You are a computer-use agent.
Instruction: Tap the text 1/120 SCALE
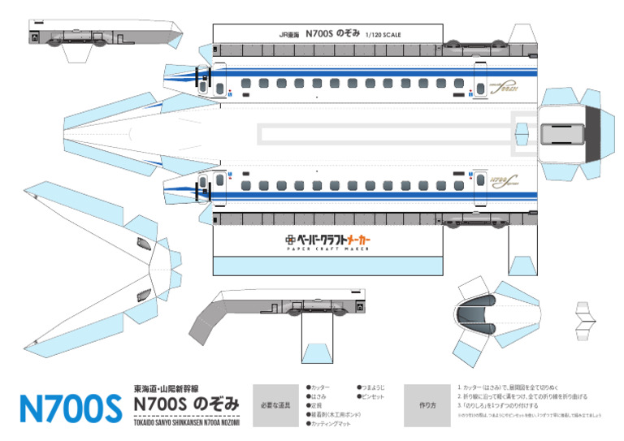tap(383, 35)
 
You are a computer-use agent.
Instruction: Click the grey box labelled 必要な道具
tap(275, 404)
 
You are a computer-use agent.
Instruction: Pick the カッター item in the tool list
tap(320, 387)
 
